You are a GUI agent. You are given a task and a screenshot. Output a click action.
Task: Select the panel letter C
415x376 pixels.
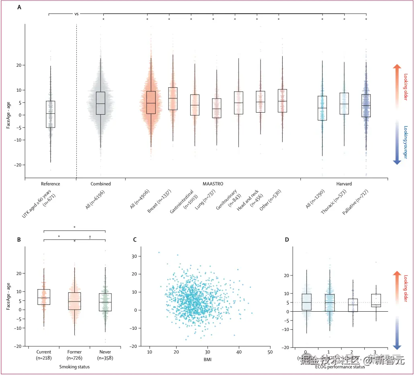pyautogui.click(x=135, y=240)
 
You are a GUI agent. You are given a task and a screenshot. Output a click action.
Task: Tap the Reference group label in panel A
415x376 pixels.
pyautogui.click(x=50, y=184)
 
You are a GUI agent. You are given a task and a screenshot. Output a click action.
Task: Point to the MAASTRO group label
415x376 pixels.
pyautogui.click(x=213, y=184)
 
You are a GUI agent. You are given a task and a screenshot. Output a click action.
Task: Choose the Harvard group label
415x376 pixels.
pyautogui.click(x=344, y=184)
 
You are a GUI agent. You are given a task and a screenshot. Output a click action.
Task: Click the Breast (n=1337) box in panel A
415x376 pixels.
pyautogui.click(x=173, y=99)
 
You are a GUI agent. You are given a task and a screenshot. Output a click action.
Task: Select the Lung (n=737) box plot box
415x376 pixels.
pyautogui.click(x=217, y=108)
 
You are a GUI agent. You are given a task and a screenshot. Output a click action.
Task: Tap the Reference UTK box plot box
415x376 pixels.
pyautogui.click(x=50, y=114)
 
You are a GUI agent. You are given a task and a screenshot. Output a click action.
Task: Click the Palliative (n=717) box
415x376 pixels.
pyautogui.click(x=366, y=106)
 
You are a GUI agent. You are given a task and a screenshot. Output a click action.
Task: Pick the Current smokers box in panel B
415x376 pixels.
pyautogui.click(x=43, y=297)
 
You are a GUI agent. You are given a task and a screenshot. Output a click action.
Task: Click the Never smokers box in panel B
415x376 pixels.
pyautogui.click(x=105, y=302)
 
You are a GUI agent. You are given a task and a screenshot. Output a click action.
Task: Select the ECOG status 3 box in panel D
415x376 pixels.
pyautogui.click(x=376, y=300)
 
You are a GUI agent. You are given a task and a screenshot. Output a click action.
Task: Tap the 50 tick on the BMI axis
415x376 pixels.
pyautogui.click(x=270, y=352)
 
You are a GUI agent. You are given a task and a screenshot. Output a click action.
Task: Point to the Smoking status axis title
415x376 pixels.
pyautogui.click(x=74, y=367)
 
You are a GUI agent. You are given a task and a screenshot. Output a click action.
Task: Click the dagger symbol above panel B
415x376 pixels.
pyautogui.click(x=90, y=237)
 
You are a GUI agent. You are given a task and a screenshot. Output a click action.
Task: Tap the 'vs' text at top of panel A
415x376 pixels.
pyautogui.click(x=76, y=13)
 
